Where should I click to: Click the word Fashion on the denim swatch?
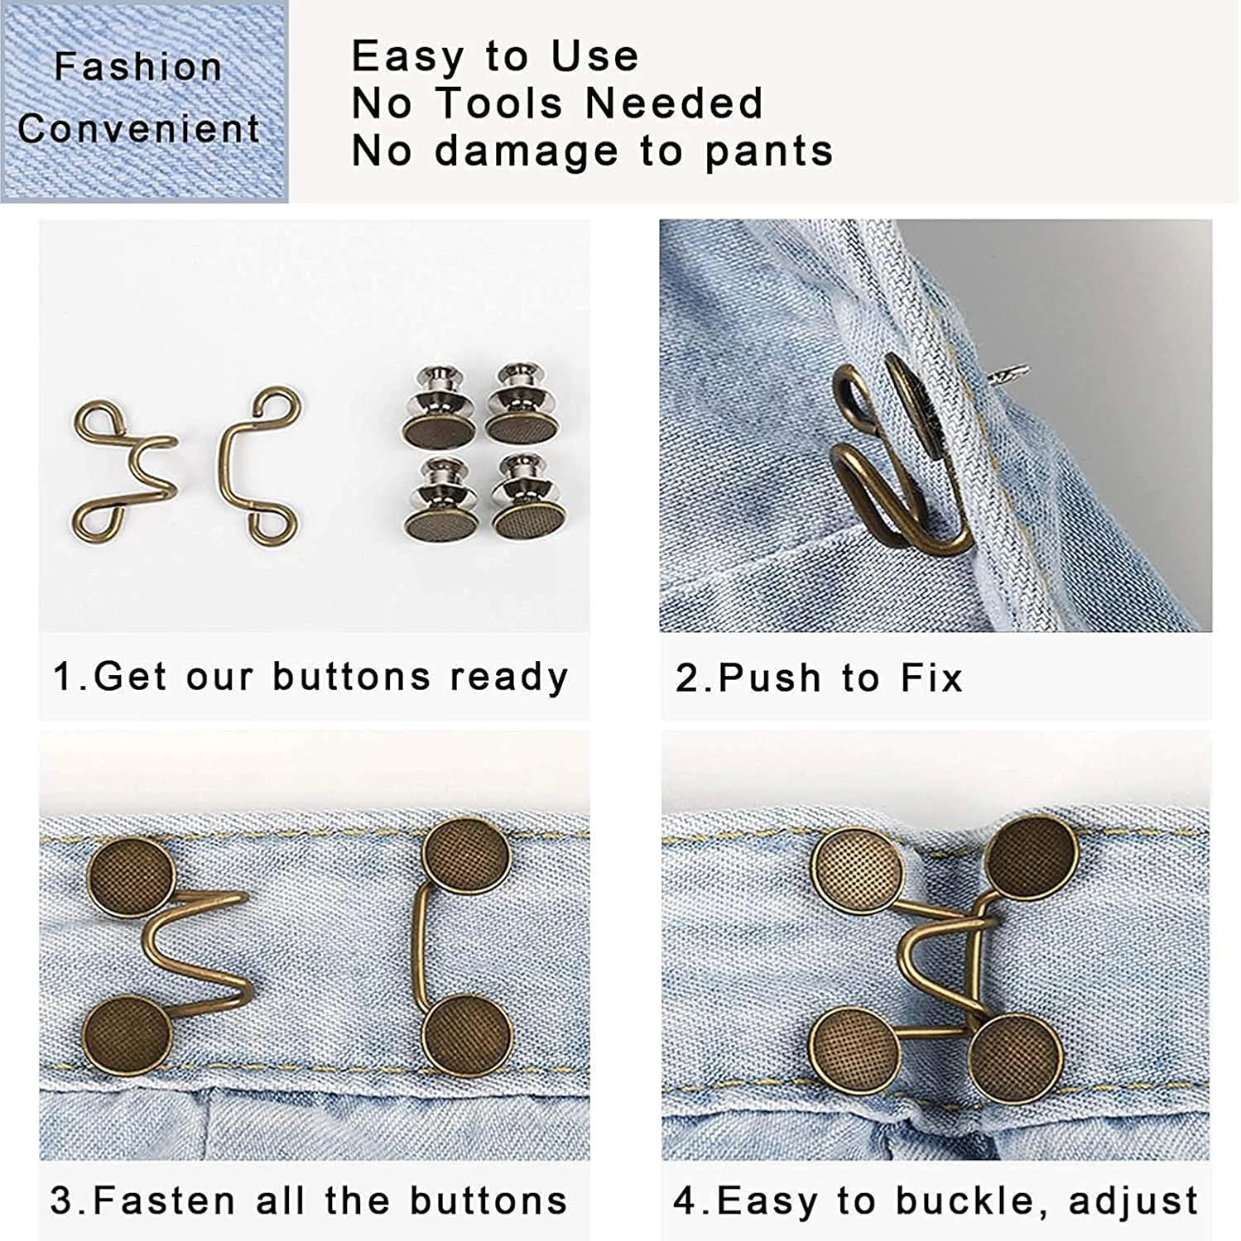[x=138, y=67]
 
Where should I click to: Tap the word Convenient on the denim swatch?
[x=139, y=129]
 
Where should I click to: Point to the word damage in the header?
[x=527, y=151]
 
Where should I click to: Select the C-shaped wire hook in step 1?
[x=258, y=467]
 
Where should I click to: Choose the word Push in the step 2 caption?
[x=770, y=678]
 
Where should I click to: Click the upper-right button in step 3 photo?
[x=466, y=858]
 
